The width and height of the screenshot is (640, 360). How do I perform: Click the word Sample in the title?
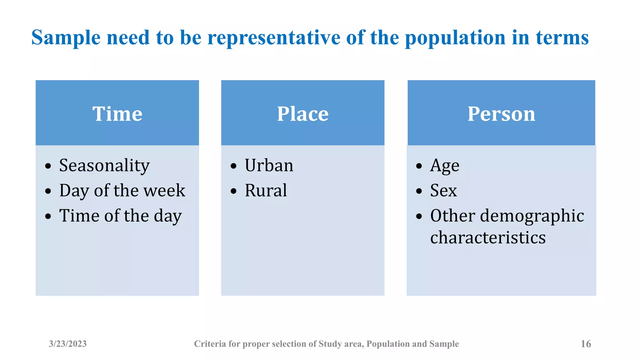click(66, 38)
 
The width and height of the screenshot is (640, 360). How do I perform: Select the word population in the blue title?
click(455, 38)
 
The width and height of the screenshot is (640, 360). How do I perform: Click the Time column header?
click(117, 114)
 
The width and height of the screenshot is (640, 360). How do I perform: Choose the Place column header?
click(302, 114)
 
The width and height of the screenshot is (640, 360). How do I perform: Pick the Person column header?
click(501, 114)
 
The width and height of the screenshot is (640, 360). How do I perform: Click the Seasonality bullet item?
click(104, 165)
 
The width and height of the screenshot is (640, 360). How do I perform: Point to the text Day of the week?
click(122, 191)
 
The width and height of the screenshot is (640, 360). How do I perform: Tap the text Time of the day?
click(120, 216)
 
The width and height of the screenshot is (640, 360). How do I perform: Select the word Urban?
click(269, 165)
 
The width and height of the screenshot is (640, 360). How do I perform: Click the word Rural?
click(266, 191)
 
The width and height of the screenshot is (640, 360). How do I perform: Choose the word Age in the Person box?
click(444, 166)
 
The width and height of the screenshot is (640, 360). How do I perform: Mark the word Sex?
click(443, 191)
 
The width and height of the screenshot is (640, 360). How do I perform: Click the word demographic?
click(532, 216)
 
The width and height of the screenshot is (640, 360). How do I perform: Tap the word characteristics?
click(487, 238)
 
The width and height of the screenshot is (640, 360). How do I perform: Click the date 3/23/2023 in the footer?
click(67, 344)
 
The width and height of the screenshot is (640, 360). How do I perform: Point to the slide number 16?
click(586, 344)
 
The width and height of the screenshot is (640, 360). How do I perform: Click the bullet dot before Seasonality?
click(48, 166)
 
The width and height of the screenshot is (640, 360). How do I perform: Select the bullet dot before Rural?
click(233, 191)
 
